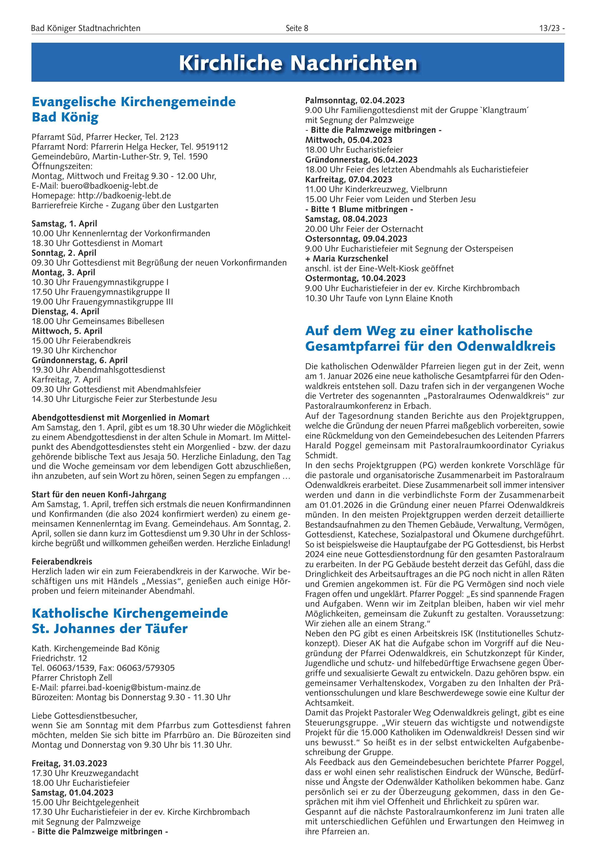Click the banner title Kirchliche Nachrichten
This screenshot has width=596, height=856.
point(298,63)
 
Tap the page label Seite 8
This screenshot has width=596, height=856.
point(297,28)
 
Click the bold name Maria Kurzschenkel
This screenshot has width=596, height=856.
point(350,258)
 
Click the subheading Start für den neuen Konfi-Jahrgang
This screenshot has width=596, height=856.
point(99,495)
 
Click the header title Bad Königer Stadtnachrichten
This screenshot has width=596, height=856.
point(86,28)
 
